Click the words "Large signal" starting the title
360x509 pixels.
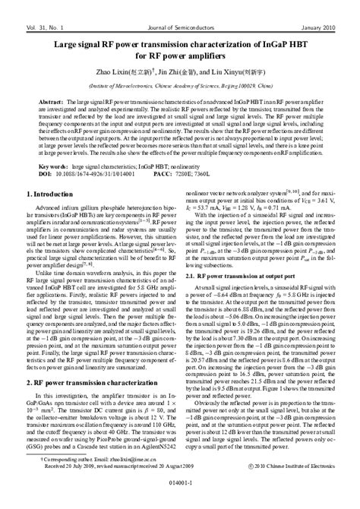click(x=83, y=45)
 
